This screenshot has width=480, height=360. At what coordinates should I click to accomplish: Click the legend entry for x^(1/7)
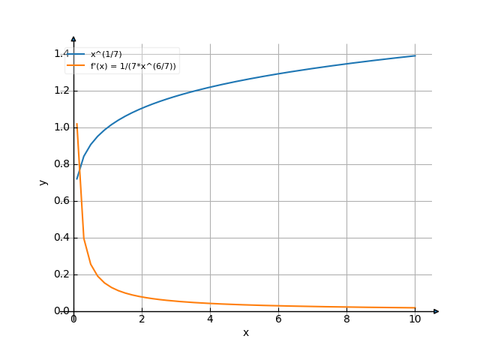pos(106,55)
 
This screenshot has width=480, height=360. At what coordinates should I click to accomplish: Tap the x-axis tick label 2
pos(142,319)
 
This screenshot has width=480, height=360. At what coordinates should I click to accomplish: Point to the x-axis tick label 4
pos(210,319)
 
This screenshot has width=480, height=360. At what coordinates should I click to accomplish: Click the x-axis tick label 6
pos(278,319)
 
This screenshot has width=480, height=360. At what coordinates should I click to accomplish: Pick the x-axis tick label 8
pos(346,319)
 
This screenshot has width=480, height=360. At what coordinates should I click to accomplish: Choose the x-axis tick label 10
pos(415,319)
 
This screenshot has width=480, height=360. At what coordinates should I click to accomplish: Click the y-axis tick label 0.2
pos(61,274)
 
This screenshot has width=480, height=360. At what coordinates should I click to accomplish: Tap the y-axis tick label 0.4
pos(61,238)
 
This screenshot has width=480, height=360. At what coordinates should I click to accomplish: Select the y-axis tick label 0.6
pos(61,201)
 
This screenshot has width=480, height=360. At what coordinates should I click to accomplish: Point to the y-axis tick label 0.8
pos(61,164)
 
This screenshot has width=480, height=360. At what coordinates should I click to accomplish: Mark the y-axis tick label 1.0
pos(61,127)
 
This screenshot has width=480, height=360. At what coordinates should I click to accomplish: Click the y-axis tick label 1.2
pos(61,91)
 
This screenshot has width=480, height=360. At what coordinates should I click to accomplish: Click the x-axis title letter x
pos(245,332)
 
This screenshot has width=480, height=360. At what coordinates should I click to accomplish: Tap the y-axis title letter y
pos(43,181)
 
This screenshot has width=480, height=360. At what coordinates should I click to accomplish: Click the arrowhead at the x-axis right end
pos(436,310)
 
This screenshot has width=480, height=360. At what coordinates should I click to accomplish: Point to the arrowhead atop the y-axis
pos(73,38)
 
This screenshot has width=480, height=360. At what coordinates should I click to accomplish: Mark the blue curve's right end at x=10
pos(415,55)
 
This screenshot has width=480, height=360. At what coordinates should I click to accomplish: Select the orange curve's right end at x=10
pos(415,308)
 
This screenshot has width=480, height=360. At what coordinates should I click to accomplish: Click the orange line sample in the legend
pos(76,66)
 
